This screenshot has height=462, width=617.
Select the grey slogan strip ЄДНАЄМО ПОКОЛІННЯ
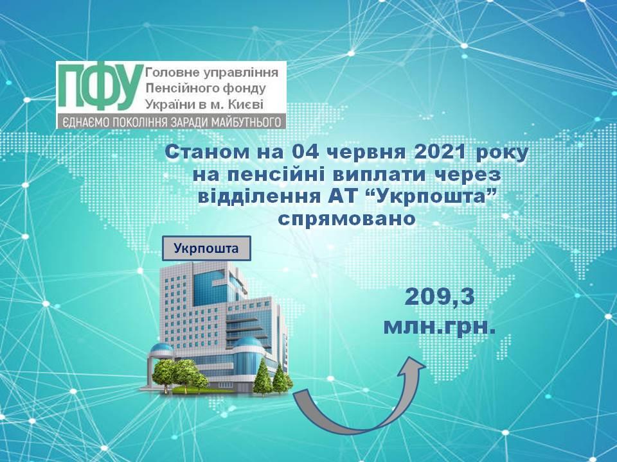point(171,122)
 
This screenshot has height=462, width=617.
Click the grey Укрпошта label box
point(206,248)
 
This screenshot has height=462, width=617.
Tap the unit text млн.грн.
point(440,327)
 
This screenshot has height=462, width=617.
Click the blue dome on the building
point(247,343)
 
